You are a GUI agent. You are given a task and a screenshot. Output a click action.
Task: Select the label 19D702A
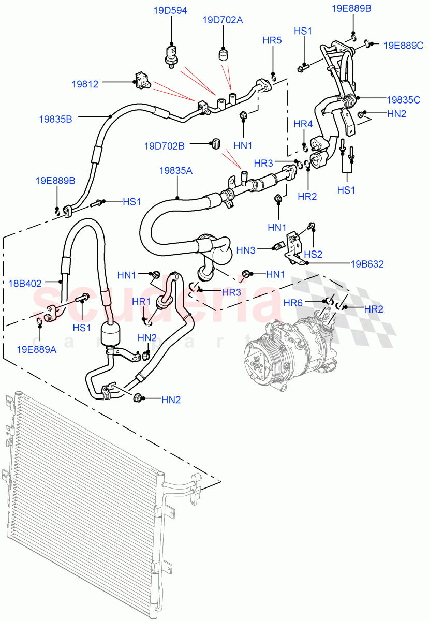223,20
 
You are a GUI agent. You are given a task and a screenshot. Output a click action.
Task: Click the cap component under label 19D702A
224,53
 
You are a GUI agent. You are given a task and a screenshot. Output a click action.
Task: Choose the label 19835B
55,119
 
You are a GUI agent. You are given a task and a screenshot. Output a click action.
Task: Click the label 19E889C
403,45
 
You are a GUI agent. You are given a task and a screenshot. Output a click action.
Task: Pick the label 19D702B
165,146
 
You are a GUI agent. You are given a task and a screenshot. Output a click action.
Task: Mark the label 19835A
177,170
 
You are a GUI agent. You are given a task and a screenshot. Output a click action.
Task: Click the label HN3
246,250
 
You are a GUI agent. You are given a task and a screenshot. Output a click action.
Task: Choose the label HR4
303,124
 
